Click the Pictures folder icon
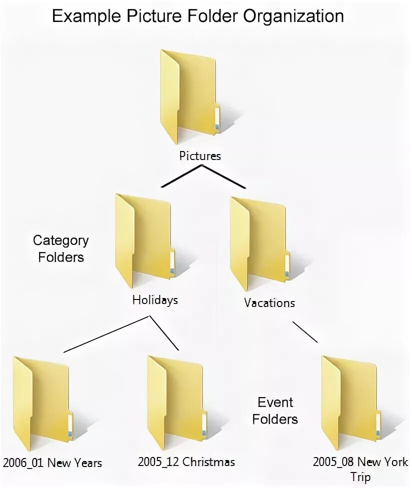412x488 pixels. click(x=189, y=95)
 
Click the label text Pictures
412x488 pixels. click(x=200, y=156)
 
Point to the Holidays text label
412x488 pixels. click(x=155, y=300)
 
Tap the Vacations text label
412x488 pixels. click(x=269, y=302)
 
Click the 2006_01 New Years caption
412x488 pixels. click(x=52, y=462)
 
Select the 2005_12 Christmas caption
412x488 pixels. click(x=186, y=461)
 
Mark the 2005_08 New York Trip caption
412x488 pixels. click(x=360, y=468)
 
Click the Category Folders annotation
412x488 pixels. click(x=60, y=248)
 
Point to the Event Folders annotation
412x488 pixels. click(x=275, y=410)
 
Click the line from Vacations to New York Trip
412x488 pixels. click(x=304, y=332)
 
